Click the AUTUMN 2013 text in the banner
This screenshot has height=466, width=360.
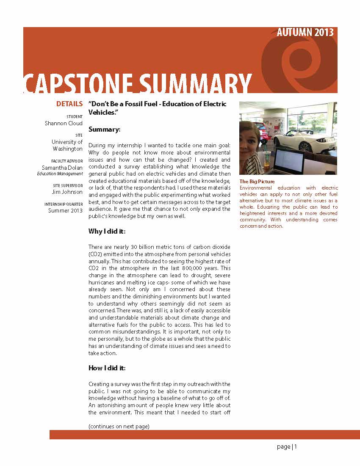[305, 33]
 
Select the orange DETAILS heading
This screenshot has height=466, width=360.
[69, 104]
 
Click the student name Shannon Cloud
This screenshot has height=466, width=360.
[64, 124]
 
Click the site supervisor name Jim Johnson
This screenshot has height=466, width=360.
[67, 192]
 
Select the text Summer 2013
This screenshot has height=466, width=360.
[65, 211]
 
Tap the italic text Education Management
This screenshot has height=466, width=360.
[60, 174]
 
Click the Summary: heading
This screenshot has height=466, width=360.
[105, 129]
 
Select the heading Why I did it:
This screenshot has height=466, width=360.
[107, 232]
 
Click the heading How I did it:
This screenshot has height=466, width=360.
[107, 368]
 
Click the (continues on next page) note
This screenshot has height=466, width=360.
[119, 426]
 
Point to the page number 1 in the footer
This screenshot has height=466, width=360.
[296, 447]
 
